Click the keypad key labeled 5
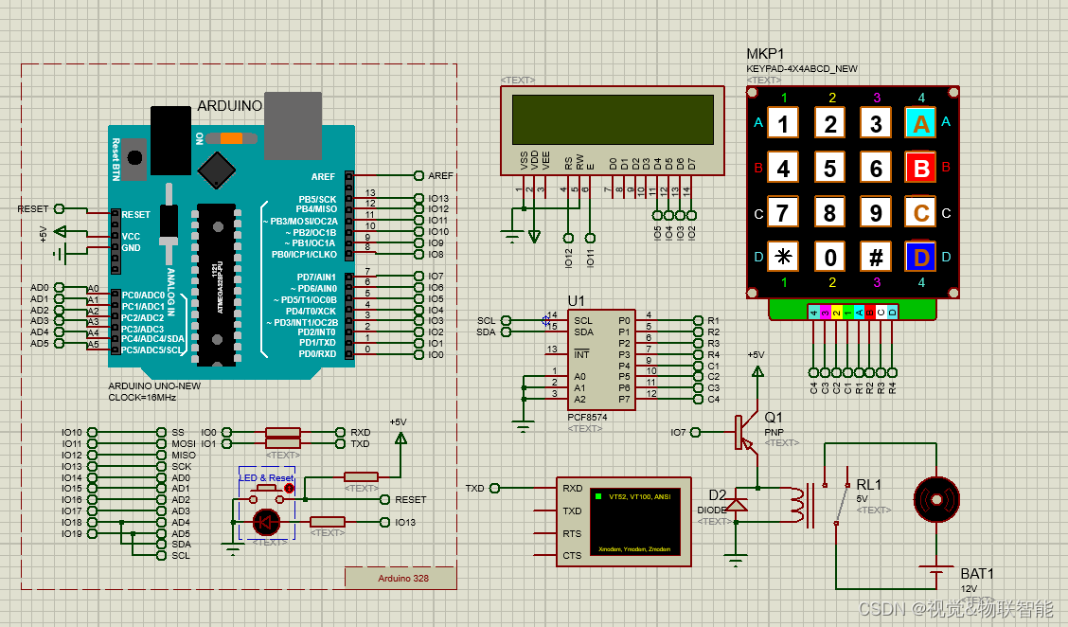tap(830, 169)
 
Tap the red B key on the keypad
tap(921, 169)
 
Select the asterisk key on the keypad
tap(783, 257)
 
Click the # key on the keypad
tap(876, 257)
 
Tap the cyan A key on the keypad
tap(921, 123)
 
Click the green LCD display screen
tap(613, 119)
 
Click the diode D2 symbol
tap(736, 505)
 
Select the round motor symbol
tap(936, 498)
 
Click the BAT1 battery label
tap(977, 574)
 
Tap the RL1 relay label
tap(868, 484)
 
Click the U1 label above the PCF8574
tap(577, 301)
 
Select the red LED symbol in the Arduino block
tap(266, 521)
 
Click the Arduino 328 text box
tap(400, 578)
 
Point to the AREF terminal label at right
tap(440, 175)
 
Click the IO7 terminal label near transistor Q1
tap(678, 432)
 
